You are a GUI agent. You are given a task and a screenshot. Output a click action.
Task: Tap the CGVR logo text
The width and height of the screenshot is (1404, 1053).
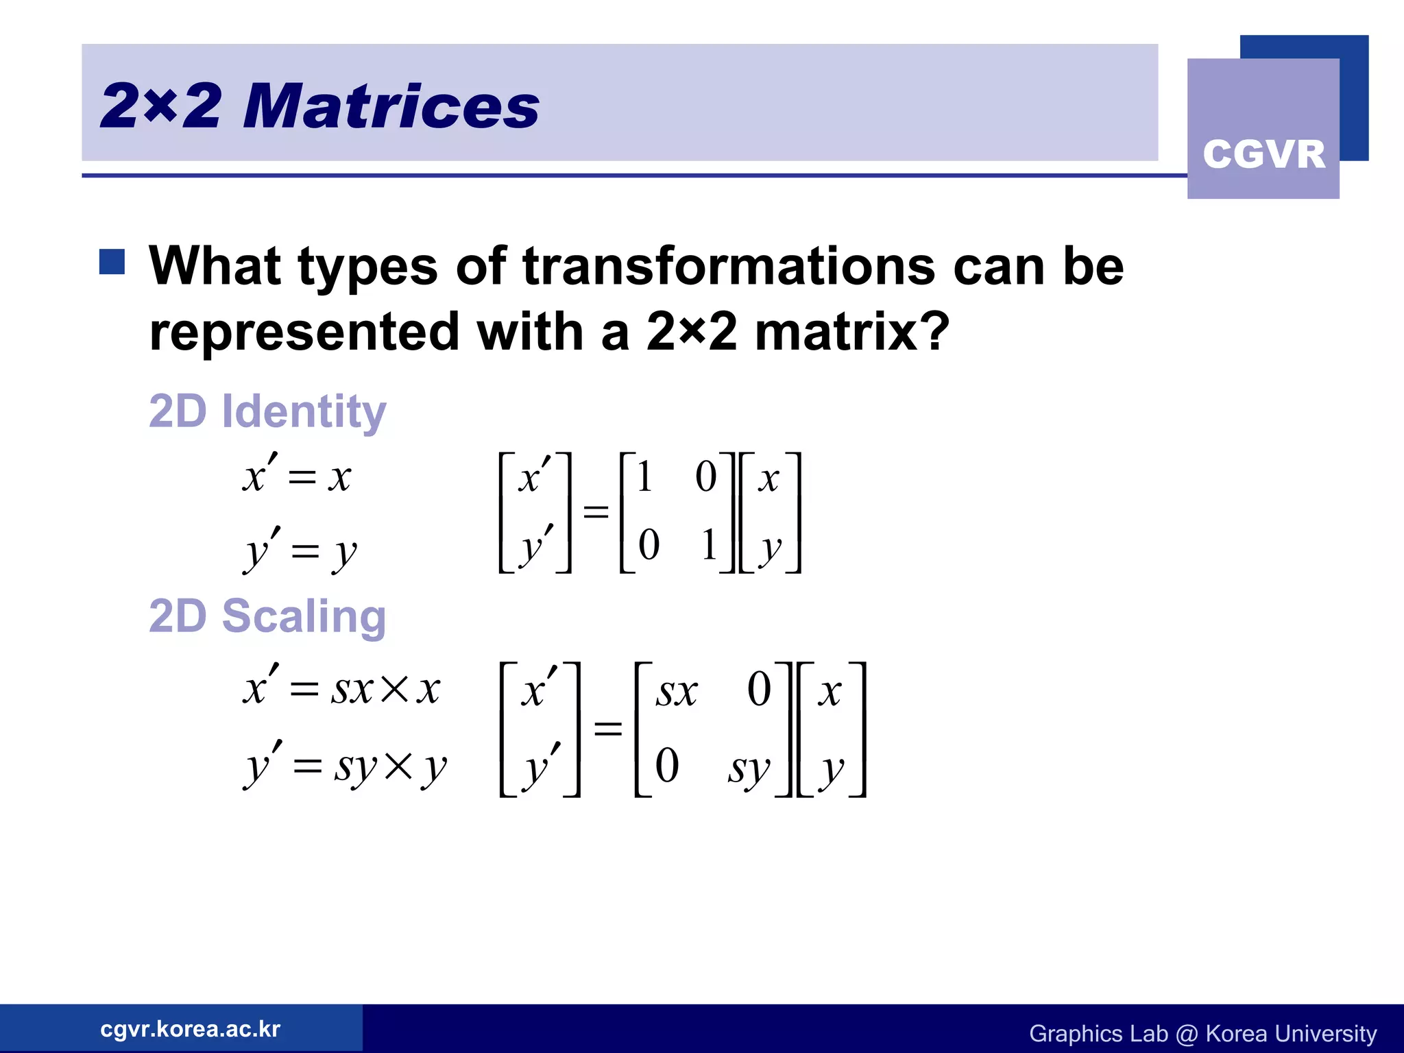1263,154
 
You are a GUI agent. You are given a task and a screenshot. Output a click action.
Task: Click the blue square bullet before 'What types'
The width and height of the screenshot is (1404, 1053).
112,262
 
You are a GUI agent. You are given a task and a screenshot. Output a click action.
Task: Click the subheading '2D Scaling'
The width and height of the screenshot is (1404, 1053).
267,616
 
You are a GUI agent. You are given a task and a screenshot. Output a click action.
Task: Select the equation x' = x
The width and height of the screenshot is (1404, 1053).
297,476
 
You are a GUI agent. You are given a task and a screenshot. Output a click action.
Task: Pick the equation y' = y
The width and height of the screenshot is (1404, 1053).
300,550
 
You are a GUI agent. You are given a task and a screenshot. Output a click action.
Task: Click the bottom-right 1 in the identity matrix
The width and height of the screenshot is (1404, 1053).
709,546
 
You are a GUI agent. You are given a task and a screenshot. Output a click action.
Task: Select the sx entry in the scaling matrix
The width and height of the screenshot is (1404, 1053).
676,691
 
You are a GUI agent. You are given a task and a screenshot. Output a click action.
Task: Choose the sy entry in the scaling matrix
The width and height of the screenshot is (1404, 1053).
749,768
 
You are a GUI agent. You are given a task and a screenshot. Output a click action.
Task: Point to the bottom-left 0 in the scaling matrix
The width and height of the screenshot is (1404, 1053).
666,765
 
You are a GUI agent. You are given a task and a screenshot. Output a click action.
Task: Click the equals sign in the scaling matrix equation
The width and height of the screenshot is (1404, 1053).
608,728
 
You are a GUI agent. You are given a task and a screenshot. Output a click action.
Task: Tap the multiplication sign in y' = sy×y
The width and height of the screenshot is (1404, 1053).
398,766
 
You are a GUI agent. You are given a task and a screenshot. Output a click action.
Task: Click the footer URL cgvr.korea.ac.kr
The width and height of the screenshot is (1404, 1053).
190,1029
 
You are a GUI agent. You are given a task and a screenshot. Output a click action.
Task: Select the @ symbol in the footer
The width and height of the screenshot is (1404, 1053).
1186,1034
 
